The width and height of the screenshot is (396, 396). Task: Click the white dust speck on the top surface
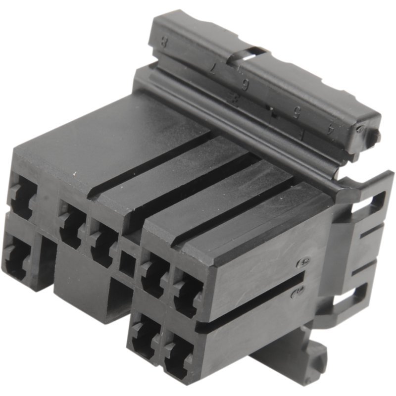pos(75,175)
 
